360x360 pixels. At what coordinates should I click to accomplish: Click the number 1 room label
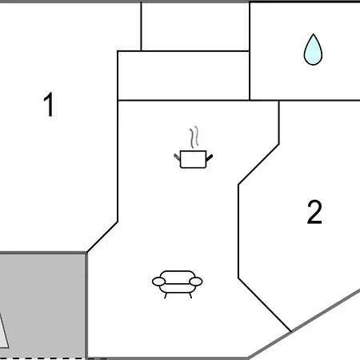coord(50,104)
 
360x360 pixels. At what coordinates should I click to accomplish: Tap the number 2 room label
coord(314,212)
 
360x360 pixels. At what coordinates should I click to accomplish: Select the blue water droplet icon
coord(313,50)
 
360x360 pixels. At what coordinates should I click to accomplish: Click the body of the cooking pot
coord(194,159)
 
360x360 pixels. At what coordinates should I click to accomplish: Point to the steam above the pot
coord(194,137)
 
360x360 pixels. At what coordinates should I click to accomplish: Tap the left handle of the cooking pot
coord(177,157)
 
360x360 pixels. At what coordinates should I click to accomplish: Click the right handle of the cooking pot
coord(210,158)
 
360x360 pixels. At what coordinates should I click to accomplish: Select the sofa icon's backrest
coord(178,276)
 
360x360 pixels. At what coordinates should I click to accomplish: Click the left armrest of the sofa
coord(158,282)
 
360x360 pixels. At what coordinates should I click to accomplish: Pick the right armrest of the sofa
coord(196,282)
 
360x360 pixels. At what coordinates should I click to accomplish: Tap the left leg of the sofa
coord(166,295)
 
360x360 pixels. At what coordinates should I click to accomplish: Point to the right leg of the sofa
coord(190,295)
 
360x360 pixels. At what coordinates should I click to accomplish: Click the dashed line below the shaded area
coord(54,358)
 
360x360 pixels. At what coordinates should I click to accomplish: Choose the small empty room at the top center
coord(195,26)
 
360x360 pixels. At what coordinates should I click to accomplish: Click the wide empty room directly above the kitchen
coord(183,76)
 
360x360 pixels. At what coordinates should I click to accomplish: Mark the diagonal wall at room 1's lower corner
coord(102,237)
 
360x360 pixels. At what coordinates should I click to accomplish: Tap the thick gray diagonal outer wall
coord(304,324)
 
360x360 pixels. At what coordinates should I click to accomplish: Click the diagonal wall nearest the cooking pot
coord(258,164)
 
